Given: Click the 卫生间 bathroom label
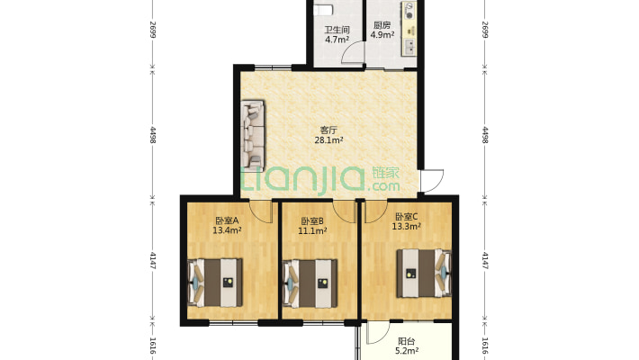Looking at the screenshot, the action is tap(337, 30).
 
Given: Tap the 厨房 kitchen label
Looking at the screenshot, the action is tap(382, 25).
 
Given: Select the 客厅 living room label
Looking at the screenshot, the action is tap(328, 130).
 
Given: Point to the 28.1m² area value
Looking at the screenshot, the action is tap(328, 140).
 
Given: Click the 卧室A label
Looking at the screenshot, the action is tap(227, 220).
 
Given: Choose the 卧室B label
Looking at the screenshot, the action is tap(312, 221).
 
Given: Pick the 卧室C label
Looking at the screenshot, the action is tap(406, 217).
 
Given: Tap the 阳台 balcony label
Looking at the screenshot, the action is tap(406, 341).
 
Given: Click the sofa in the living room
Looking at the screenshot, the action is tap(253, 136).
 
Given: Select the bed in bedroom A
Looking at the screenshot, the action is tap(215, 283).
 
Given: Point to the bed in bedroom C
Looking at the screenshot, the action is tap(424, 274).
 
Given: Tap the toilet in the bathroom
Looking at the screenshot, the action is tap(324, 9).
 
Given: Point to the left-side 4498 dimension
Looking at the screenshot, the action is tap(153, 134).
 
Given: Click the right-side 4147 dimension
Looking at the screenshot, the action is tap(485, 260).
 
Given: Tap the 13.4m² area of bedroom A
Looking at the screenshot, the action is tap(227, 230).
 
